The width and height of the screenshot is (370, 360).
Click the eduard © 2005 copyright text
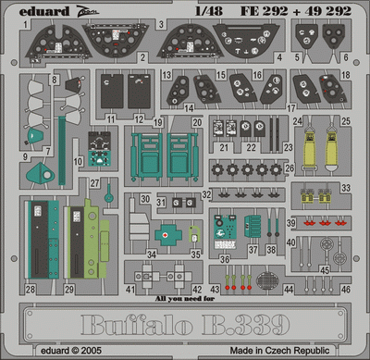click(x=62, y=350)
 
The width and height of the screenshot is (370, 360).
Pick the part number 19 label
click(x=158, y=121)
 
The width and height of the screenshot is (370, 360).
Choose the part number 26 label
click(x=289, y=168)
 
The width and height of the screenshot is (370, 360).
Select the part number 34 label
click(x=152, y=254)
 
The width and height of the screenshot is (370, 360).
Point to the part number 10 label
click(x=79, y=161)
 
